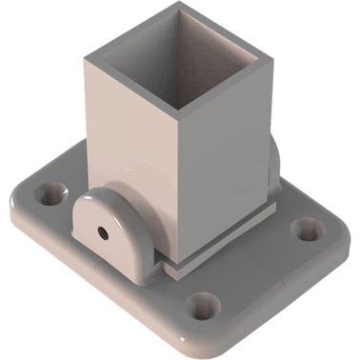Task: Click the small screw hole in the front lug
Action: coord(101,230)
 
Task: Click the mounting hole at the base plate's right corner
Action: coord(307,229)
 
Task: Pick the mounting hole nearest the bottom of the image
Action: coord(202,305)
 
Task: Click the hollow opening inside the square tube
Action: coord(176,48)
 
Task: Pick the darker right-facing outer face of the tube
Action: coord(224,152)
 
